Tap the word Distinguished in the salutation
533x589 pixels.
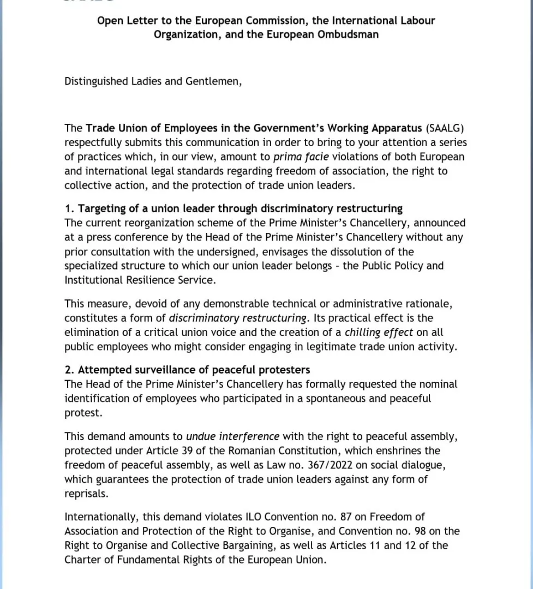click(x=96, y=81)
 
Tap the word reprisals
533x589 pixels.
click(x=86, y=494)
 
